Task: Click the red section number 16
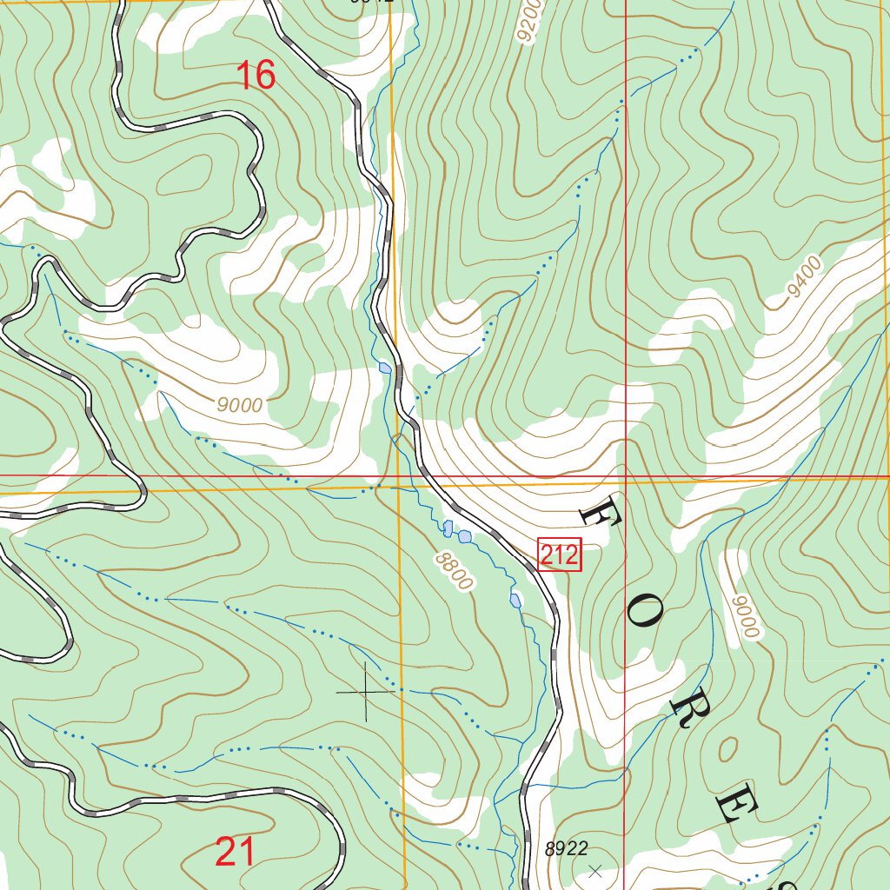(256, 76)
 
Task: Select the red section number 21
(235, 852)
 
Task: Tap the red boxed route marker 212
(559, 555)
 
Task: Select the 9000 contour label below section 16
(241, 405)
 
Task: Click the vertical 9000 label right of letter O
(745, 616)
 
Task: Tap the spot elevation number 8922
(567, 849)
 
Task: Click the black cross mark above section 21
(366, 691)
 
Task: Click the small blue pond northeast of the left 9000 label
(385, 369)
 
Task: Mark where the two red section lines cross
(626, 476)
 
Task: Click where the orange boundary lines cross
(397, 488)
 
